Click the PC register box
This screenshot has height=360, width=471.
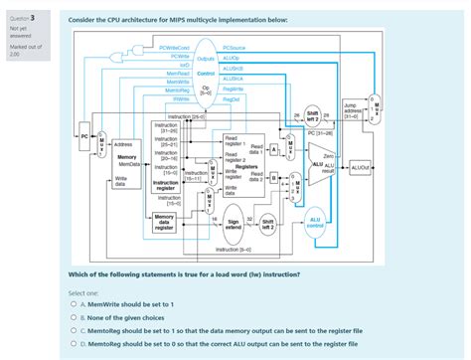(85, 134)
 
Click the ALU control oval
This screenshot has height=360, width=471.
(315, 222)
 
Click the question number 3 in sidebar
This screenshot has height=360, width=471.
(33, 16)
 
